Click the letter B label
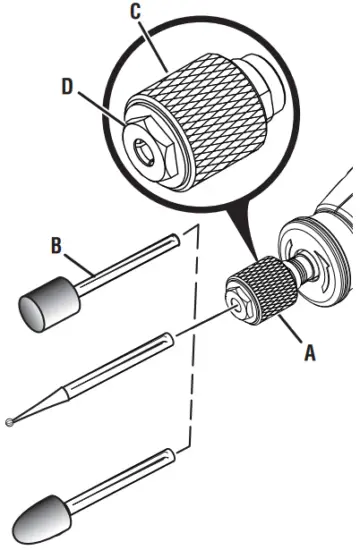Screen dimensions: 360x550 (x=57, y=242)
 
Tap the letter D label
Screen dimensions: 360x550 (x=67, y=87)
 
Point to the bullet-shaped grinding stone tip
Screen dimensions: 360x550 (x=38, y=516)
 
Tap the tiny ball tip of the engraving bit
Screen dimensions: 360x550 (x=10, y=420)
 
